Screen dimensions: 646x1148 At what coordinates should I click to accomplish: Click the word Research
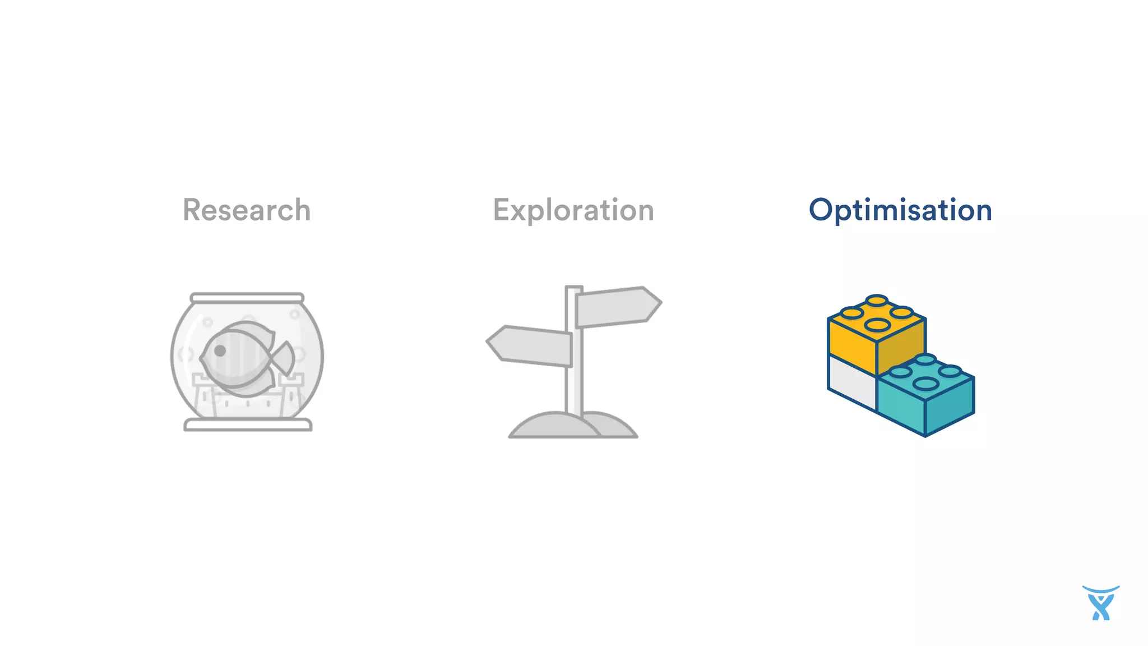pos(247,210)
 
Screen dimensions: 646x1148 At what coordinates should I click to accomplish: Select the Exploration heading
pos(573,210)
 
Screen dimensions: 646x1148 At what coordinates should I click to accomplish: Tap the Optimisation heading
pos(900,210)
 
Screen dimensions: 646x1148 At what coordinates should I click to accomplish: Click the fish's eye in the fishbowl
pos(220,350)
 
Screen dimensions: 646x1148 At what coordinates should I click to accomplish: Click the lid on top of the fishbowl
pos(247,298)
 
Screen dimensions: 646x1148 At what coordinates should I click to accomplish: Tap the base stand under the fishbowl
pos(248,425)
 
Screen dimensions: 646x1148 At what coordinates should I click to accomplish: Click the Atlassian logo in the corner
pos(1101,603)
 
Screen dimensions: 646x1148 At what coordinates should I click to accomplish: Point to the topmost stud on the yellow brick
pos(877,301)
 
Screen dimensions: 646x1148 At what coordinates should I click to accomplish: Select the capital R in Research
pos(192,210)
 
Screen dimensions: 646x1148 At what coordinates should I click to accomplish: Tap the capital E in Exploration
pos(502,210)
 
